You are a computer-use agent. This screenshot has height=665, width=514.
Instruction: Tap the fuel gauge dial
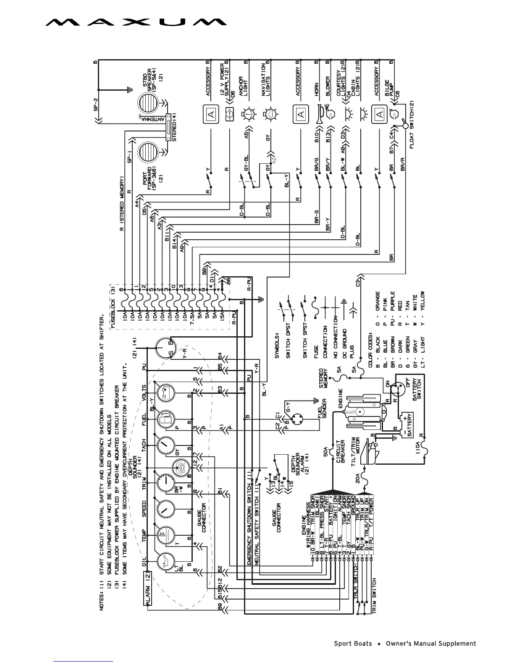click(x=164, y=418)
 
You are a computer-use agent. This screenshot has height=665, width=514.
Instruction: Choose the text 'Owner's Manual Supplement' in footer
click(x=430, y=644)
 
